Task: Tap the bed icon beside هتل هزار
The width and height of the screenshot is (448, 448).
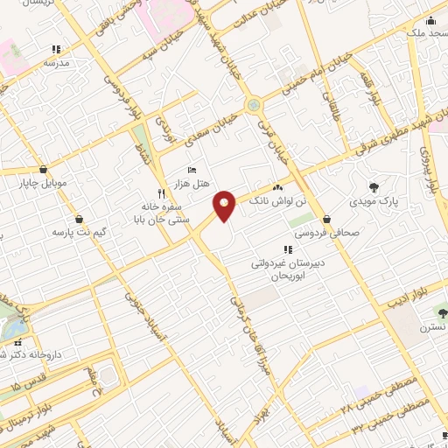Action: [192, 170]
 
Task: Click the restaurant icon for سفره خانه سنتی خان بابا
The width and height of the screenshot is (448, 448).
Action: [160, 193]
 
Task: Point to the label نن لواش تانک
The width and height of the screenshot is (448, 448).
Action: [278, 200]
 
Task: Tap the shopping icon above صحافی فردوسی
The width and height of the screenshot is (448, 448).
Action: [326, 218]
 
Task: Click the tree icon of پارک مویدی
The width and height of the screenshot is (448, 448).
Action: [374, 187]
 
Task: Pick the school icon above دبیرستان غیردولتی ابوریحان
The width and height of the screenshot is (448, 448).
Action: [288, 249]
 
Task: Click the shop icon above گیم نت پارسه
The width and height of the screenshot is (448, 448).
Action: [80, 219]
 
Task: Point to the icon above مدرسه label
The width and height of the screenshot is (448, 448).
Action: [57, 49]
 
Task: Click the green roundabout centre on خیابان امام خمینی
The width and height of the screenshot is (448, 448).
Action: [254, 105]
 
